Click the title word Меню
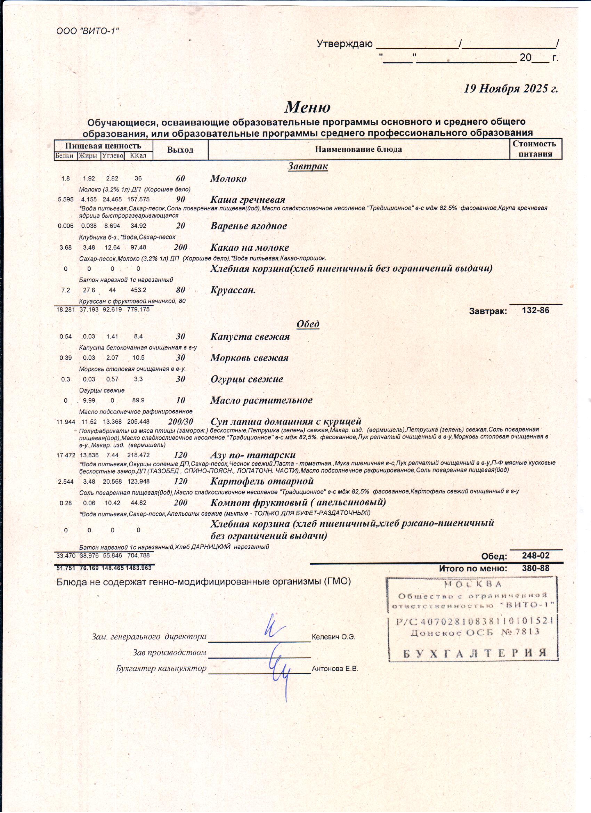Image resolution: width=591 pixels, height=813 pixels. [x=308, y=107]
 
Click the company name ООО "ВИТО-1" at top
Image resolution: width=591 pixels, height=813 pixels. [x=88, y=31]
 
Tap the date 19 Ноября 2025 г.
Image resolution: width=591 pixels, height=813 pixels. [x=511, y=89]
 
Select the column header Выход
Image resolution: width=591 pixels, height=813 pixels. [x=180, y=150]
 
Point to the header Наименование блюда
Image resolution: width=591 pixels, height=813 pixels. [x=358, y=149]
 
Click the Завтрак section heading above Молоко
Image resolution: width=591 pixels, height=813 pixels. [x=308, y=166]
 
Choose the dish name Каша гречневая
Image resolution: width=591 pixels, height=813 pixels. [x=248, y=199]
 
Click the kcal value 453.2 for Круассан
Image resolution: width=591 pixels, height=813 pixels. [x=138, y=290]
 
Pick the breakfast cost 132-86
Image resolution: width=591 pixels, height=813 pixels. [x=535, y=310]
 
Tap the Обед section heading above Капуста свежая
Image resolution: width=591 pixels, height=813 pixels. [x=308, y=324]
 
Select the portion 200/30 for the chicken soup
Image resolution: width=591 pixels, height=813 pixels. [x=180, y=421]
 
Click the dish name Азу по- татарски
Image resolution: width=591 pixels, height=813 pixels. [x=253, y=455]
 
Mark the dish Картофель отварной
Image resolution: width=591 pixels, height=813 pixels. [x=262, y=481]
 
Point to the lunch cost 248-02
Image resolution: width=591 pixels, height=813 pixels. [x=535, y=556]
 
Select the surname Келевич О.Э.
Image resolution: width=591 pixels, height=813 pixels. [x=333, y=637]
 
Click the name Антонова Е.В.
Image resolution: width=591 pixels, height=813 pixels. [x=335, y=669]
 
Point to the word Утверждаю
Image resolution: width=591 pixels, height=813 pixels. [x=345, y=44]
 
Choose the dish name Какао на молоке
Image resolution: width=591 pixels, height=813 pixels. [x=250, y=247]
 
